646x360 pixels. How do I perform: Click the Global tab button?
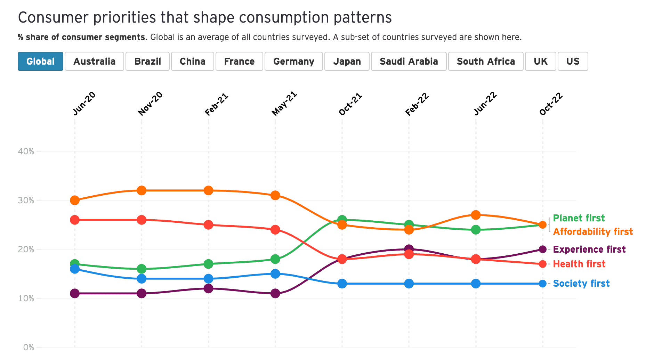tap(40, 62)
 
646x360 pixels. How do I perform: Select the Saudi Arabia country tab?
tap(409, 62)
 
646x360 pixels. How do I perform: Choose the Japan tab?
tap(347, 62)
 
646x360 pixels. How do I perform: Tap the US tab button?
tap(573, 62)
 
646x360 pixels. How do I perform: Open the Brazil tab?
tap(147, 62)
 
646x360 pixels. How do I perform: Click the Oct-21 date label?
tap(350, 104)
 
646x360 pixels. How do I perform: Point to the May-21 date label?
tap(284, 104)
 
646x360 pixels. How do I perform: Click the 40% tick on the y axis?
tap(26, 152)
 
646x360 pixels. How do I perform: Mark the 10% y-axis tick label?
tap(26, 298)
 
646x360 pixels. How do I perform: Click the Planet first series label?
tap(579, 218)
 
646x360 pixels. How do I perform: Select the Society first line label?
tap(581, 284)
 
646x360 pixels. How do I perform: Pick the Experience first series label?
tap(589, 249)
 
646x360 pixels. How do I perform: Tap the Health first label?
tap(579, 264)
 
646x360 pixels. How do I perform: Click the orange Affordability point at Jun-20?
tap(75, 201)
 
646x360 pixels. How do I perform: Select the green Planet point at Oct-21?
tap(342, 220)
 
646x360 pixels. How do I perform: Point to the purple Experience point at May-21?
tap(275, 293)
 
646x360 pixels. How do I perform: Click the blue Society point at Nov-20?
tap(142, 279)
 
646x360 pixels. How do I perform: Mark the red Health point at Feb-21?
tap(209, 225)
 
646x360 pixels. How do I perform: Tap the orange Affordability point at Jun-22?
tap(476, 215)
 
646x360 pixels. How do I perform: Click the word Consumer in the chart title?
tap(52, 17)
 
